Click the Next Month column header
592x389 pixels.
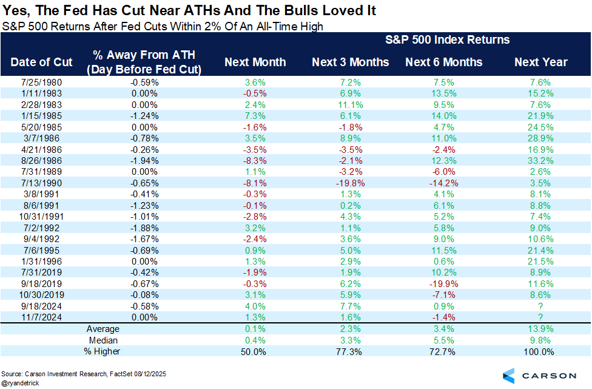pos(255,63)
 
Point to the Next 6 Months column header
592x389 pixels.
pos(443,63)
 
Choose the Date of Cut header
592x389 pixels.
pos(41,63)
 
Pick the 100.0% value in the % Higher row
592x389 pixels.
pos(540,351)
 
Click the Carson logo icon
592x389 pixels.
pos(509,374)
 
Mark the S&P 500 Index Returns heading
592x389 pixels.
pos(447,40)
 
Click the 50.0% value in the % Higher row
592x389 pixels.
pos(255,351)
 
